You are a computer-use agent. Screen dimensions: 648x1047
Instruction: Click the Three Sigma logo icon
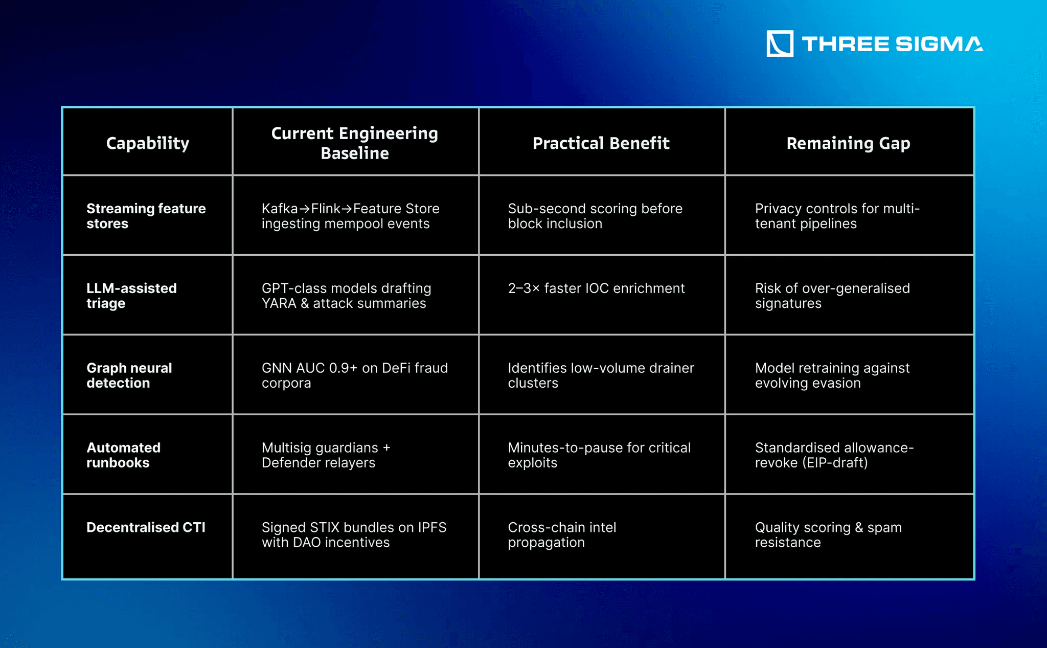780,43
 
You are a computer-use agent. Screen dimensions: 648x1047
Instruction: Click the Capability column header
147,143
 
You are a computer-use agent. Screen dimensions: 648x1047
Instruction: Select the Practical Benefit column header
601,143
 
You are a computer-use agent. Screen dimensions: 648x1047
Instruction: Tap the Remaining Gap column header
848,143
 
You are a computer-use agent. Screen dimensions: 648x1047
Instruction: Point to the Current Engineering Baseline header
354,143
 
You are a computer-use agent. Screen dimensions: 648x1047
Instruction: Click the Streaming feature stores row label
146,216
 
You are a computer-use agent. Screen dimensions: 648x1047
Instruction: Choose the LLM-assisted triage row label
131,296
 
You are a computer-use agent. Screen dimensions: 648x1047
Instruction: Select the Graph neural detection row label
129,375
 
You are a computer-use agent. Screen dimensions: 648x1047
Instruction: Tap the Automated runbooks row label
123,455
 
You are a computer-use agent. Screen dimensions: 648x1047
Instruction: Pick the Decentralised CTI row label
146,527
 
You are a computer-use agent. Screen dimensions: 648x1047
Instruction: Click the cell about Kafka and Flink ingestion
350,216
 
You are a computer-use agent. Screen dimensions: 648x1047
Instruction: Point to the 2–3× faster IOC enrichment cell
596,288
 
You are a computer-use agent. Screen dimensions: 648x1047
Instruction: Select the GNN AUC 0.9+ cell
354,375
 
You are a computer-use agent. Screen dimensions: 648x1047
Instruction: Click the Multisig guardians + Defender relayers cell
326,455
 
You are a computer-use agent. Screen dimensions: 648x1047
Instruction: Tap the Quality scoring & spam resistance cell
828,534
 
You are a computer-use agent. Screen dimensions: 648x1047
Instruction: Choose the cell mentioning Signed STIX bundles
354,534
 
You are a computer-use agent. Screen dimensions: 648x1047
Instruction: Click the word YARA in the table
279,303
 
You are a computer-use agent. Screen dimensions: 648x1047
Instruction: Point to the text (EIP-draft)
835,463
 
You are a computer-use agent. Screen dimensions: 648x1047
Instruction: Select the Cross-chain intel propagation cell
562,534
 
